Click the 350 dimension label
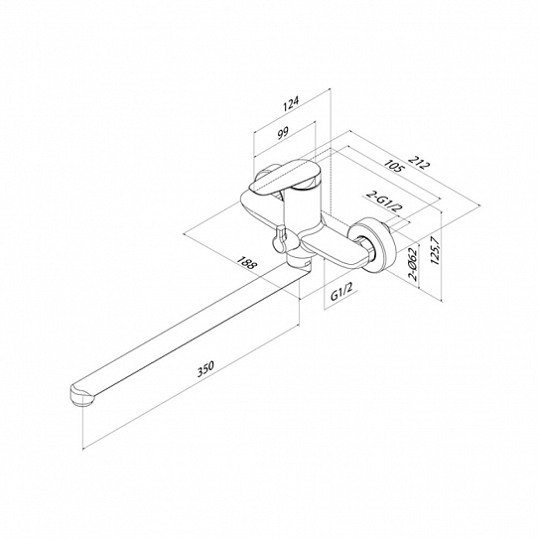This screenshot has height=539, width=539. [205, 368]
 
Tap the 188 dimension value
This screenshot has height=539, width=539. [246, 263]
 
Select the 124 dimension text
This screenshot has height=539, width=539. [291, 103]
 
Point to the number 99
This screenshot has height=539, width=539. [283, 133]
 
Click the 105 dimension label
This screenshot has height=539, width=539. [394, 166]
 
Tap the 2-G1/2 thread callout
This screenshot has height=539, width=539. [384, 202]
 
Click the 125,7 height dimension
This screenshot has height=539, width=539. [435, 250]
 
